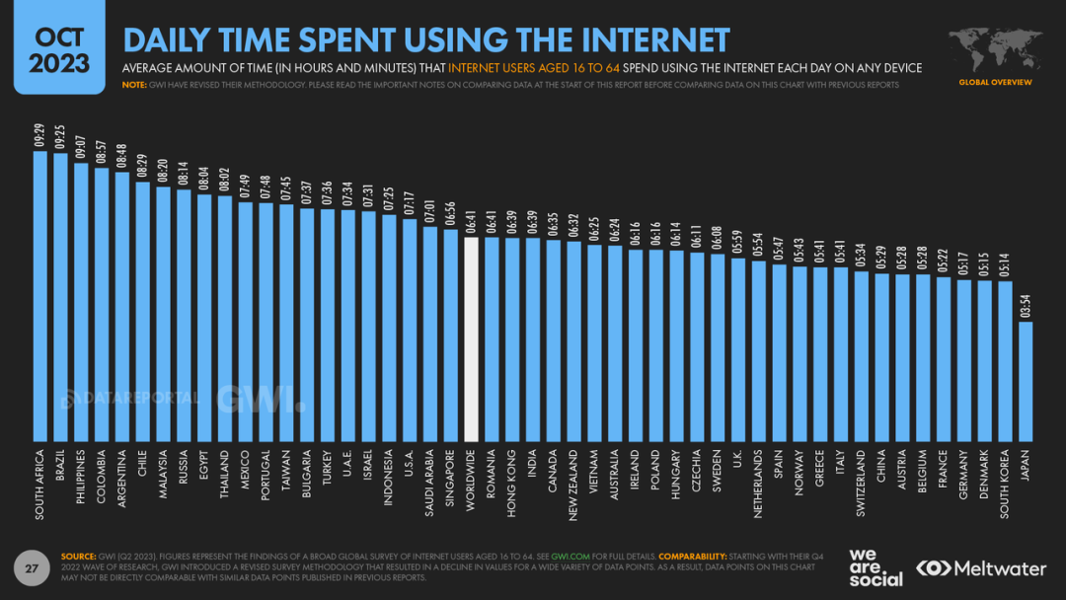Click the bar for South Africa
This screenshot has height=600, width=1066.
point(40,296)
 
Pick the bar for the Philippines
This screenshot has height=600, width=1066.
point(81,302)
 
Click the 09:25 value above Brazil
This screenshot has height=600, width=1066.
point(61,137)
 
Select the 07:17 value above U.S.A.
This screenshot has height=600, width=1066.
point(410,203)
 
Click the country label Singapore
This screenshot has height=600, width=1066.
point(451,481)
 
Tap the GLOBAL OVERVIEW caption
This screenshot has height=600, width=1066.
point(995,82)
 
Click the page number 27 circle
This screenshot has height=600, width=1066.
point(32,568)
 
